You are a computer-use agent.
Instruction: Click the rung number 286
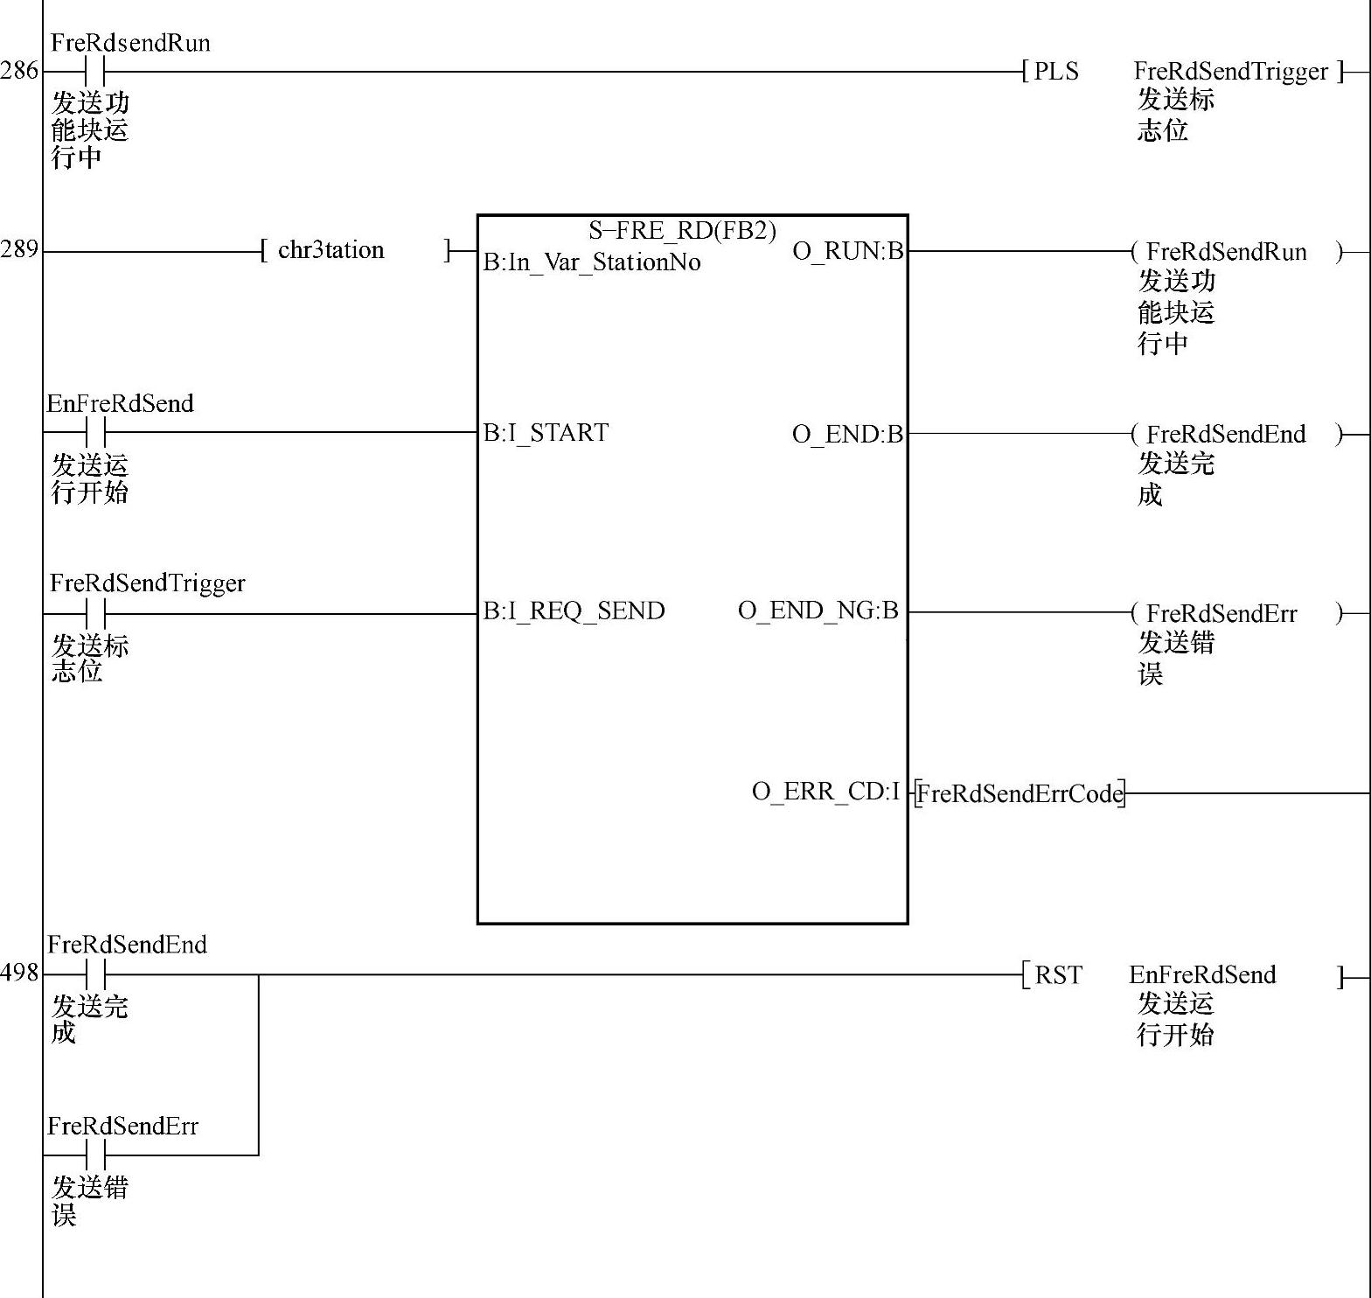click(x=19, y=70)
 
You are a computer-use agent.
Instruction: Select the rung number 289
click(x=19, y=249)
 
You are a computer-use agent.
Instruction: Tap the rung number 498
click(x=19, y=973)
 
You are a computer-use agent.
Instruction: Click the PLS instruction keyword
click(x=1056, y=72)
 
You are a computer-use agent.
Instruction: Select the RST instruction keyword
click(x=1058, y=974)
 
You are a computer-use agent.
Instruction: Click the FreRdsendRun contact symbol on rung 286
click(x=95, y=71)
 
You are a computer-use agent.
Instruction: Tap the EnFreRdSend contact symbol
click(x=95, y=432)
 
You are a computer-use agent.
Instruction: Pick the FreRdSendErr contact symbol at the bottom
click(x=95, y=1155)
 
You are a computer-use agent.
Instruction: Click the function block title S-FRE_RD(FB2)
click(x=682, y=231)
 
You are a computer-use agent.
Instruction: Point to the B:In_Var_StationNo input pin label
click(x=592, y=262)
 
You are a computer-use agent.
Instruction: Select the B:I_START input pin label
click(x=546, y=433)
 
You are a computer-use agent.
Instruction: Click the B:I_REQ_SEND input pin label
click(x=574, y=611)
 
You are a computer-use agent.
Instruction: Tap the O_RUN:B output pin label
click(x=847, y=251)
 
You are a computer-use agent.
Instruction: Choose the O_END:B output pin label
click(x=846, y=434)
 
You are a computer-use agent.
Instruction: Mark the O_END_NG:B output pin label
click(x=818, y=611)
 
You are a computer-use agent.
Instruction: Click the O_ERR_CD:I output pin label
click(x=825, y=792)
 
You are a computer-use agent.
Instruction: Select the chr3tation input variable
click(x=331, y=250)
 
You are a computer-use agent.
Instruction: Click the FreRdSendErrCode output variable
click(x=1020, y=793)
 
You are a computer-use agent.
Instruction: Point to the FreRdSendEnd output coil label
click(x=1225, y=434)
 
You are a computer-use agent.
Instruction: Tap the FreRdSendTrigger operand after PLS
click(x=1230, y=72)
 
